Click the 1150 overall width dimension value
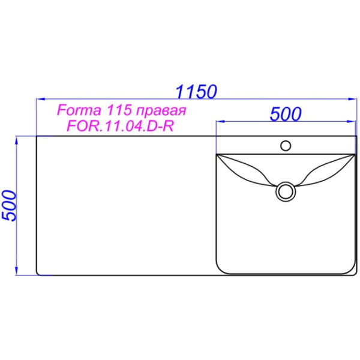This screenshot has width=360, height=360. coord(196,92)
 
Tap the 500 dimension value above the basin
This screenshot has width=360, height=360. coord(284,114)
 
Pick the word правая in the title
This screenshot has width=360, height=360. coord(157,112)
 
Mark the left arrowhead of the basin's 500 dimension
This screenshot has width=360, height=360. coord(218,122)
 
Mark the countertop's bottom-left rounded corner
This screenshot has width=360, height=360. coord(39,273)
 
